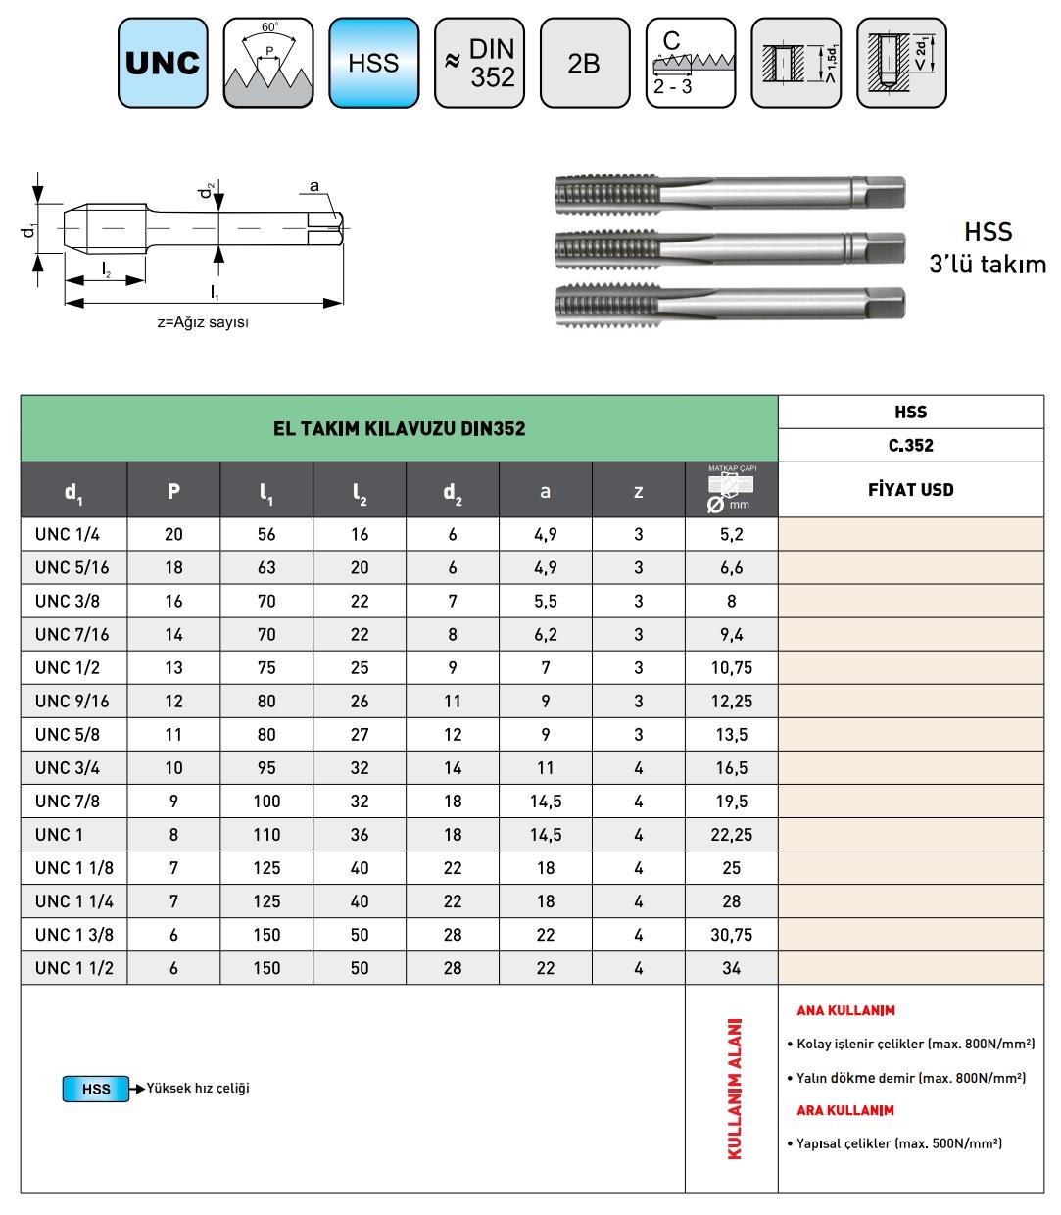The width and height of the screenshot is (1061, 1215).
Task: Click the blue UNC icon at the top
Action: point(163,63)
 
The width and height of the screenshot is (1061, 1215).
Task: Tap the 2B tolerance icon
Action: point(584,63)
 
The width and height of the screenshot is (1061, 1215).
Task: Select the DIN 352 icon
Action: point(479,63)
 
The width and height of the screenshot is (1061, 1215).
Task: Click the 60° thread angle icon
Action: point(268,63)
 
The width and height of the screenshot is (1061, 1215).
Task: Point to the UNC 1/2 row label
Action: point(68,668)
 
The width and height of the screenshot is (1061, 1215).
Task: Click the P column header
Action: point(173,490)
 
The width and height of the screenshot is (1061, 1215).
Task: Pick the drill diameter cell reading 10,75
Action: point(731,668)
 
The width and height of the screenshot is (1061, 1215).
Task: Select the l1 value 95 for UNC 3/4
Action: point(266,768)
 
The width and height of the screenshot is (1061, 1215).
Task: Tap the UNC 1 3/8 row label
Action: point(74,935)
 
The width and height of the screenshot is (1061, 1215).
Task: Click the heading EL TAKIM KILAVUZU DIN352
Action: point(399,429)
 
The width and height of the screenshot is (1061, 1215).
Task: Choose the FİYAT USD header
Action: point(910,490)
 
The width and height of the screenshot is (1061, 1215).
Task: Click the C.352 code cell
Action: point(910,446)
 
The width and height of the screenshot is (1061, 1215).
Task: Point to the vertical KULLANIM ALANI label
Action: point(734,1089)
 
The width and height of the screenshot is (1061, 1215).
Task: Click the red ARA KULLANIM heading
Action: point(845,1110)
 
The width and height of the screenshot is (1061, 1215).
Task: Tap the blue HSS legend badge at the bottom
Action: point(96,1089)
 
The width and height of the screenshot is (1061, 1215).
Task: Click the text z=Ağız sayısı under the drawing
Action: point(203,323)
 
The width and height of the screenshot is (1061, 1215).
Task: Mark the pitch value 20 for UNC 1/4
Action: point(173,535)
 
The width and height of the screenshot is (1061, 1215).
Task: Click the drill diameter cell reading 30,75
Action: point(731,935)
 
